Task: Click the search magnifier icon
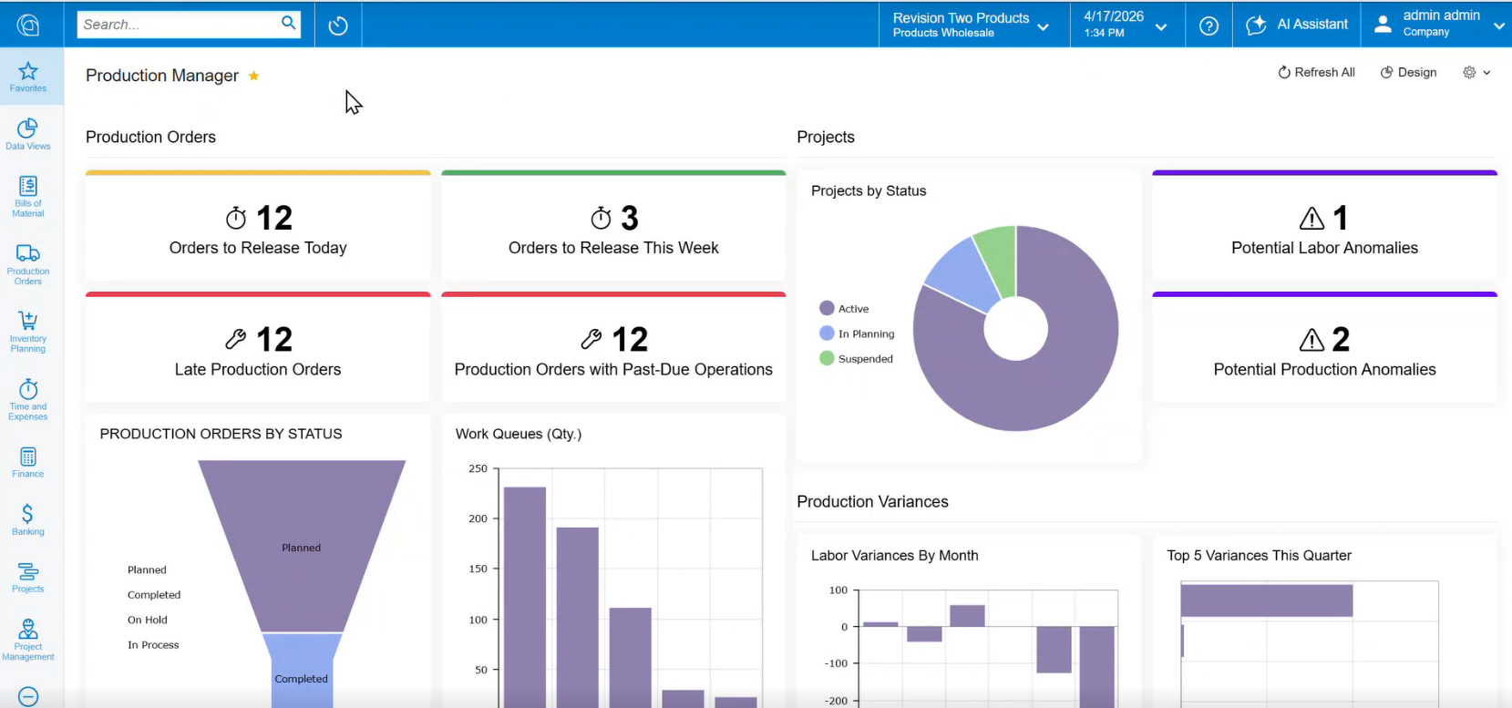[288, 24]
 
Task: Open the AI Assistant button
[1297, 25]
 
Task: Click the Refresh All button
[1316, 72]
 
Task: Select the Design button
[1408, 72]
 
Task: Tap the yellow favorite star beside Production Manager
[253, 76]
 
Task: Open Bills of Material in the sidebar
[27, 197]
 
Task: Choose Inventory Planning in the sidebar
[27, 332]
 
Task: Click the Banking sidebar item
[27, 519]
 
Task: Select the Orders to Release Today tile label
[258, 248]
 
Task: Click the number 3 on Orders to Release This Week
[630, 218]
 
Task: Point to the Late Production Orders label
[258, 369]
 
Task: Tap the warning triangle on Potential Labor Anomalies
[1311, 218]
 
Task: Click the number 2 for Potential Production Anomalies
[1342, 339]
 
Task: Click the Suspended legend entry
[857, 358]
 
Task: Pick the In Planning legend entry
[858, 333]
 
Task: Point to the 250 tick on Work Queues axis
[478, 468]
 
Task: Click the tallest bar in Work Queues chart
[524, 598]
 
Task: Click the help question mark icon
[1209, 26]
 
